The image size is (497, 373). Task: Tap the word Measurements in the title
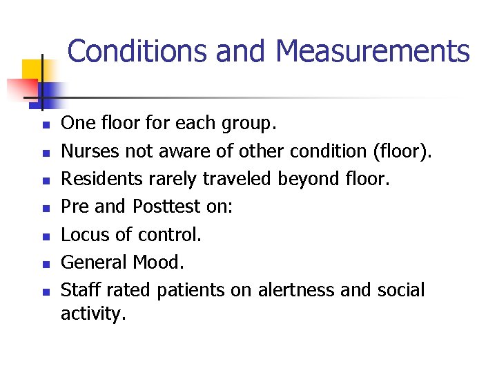tap(373, 52)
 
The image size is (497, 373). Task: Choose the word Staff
tap(79, 289)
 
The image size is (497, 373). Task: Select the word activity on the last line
tap(92, 314)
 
